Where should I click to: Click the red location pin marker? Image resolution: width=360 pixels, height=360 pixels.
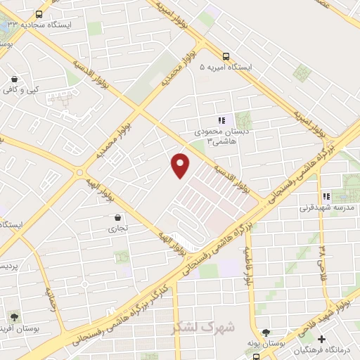point(181,165)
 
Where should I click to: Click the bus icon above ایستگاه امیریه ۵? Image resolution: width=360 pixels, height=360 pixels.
point(225,57)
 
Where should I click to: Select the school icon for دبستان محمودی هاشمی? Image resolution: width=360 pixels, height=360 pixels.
point(221,120)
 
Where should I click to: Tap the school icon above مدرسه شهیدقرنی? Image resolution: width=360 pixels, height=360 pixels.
point(325,196)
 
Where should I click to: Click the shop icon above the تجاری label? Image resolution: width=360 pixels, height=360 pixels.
point(117,217)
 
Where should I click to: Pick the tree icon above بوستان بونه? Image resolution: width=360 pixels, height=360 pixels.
point(265,333)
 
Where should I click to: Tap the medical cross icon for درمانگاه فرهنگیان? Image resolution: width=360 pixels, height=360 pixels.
point(321,340)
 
